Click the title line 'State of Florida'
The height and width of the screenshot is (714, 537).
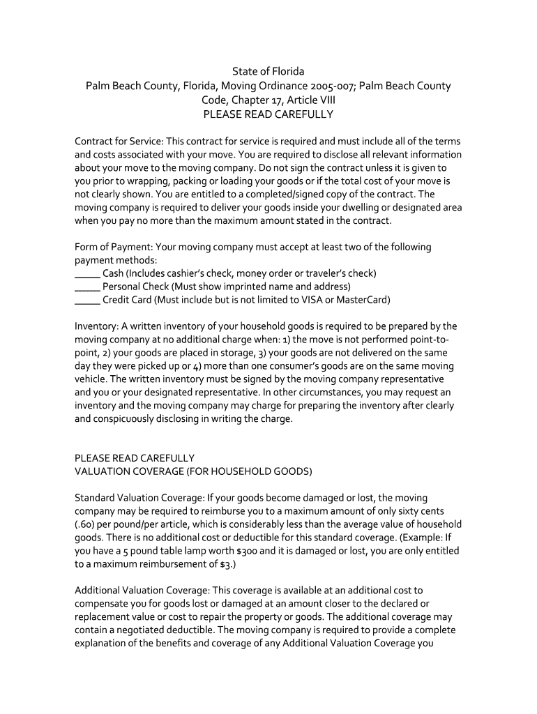pyautogui.click(x=268, y=72)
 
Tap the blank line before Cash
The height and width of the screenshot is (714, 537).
pyautogui.click(x=87, y=273)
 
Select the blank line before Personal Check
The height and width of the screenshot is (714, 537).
pyautogui.click(x=87, y=287)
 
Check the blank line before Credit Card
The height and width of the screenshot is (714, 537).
pyautogui.click(x=87, y=301)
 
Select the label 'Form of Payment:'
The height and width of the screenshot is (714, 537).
pyautogui.click(x=114, y=247)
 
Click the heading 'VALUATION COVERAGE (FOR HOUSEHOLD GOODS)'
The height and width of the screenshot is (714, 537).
pyautogui.click(x=193, y=471)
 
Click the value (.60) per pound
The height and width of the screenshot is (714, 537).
pyautogui.click(x=88, y=524)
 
